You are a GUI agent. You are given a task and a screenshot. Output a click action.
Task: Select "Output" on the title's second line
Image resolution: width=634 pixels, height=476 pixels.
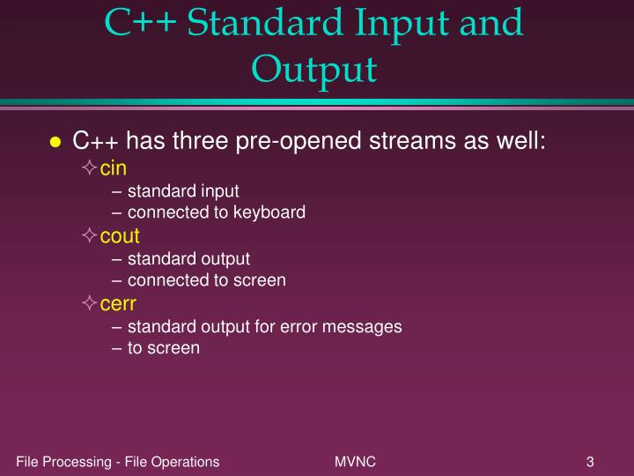[314, 69]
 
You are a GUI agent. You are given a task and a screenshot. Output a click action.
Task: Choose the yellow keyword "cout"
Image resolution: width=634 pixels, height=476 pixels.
[120, 236]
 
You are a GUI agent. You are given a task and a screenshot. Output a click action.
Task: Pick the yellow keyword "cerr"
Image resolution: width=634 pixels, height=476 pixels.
[118, 304]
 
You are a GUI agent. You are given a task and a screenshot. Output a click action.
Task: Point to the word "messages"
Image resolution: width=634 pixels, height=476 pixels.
[359, 326]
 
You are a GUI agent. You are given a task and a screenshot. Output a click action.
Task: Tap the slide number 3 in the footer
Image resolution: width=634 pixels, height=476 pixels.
[589, 461]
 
